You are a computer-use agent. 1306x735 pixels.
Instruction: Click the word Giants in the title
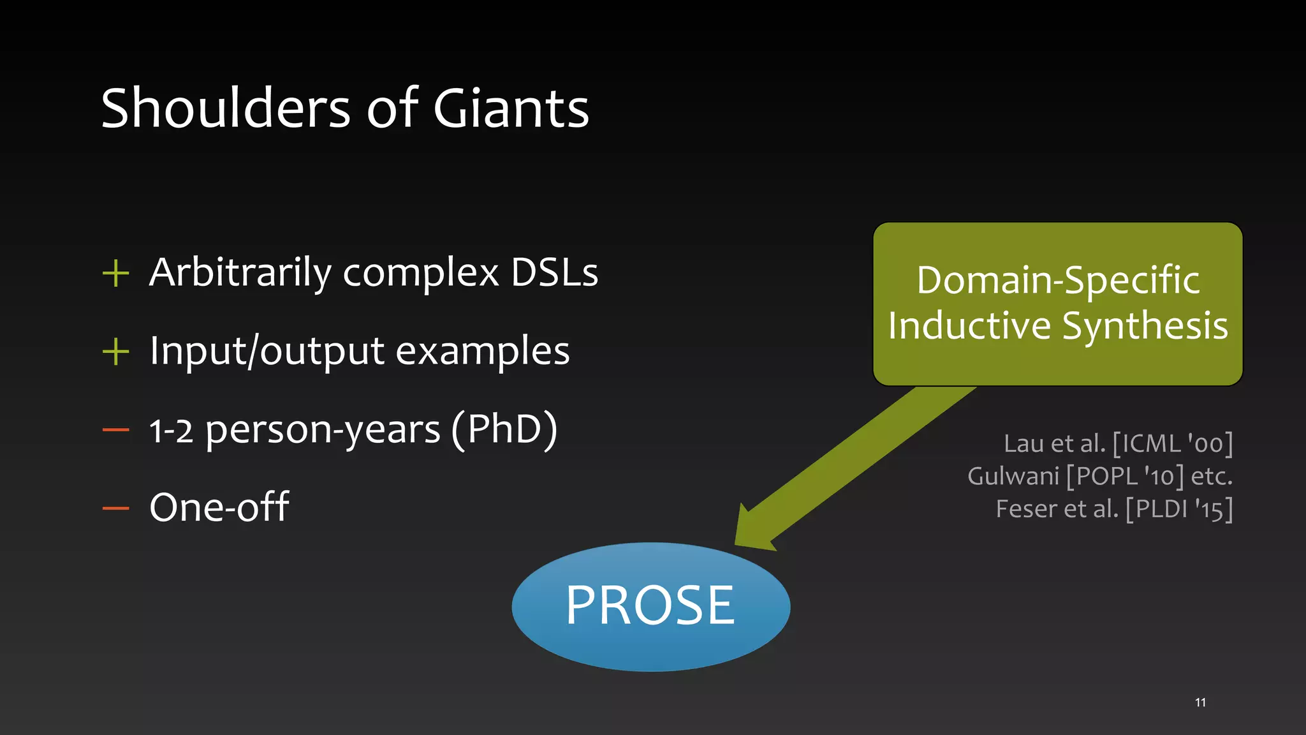click(x=511, y=108)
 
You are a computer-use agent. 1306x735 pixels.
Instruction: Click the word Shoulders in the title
click(x=225, y=108)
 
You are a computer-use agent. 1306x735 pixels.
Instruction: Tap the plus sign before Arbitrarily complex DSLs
click(x=115, y=274)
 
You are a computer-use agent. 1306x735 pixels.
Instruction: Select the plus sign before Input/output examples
click(x=115, y=352)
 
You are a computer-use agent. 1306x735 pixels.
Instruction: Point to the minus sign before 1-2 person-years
click(x=115, y=431)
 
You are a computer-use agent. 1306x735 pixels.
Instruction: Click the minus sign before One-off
click(x=115, y=509)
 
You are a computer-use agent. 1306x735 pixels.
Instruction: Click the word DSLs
click(x=554, y=273)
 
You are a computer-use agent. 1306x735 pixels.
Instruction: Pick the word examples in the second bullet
click(x=482, y=352)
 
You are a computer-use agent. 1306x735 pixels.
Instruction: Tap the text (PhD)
click(x=504, y=429)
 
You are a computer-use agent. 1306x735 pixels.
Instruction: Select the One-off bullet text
click(x=219, y=507)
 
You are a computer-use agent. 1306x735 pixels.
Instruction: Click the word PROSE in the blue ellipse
click(x=650, y=605)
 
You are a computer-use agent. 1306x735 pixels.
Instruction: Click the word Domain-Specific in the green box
click(x=1058, y=280)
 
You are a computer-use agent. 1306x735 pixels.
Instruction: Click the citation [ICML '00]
click(x=1173, y=443)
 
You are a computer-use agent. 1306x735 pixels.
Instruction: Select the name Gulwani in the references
click(x=1013, y=476)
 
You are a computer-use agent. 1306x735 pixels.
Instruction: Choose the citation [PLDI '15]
click(x=1178, y=509)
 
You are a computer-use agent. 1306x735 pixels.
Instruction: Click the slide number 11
click(x=1200, y=702)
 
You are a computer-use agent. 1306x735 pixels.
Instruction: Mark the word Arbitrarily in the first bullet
click(x=240, y=273)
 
